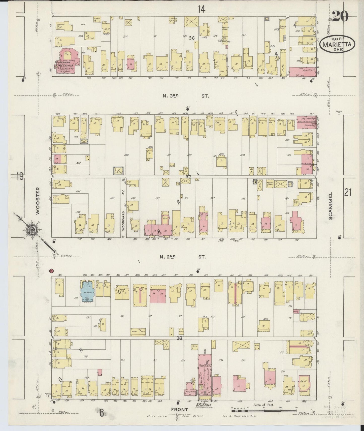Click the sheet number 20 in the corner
coord(341,17)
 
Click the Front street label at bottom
coord(180,410)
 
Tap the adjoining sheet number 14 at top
coord(201,9)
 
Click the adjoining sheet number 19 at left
coord(20,176)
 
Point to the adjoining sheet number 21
coord(347,193)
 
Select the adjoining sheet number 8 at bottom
coord(102,413)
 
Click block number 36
coord(192,38)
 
